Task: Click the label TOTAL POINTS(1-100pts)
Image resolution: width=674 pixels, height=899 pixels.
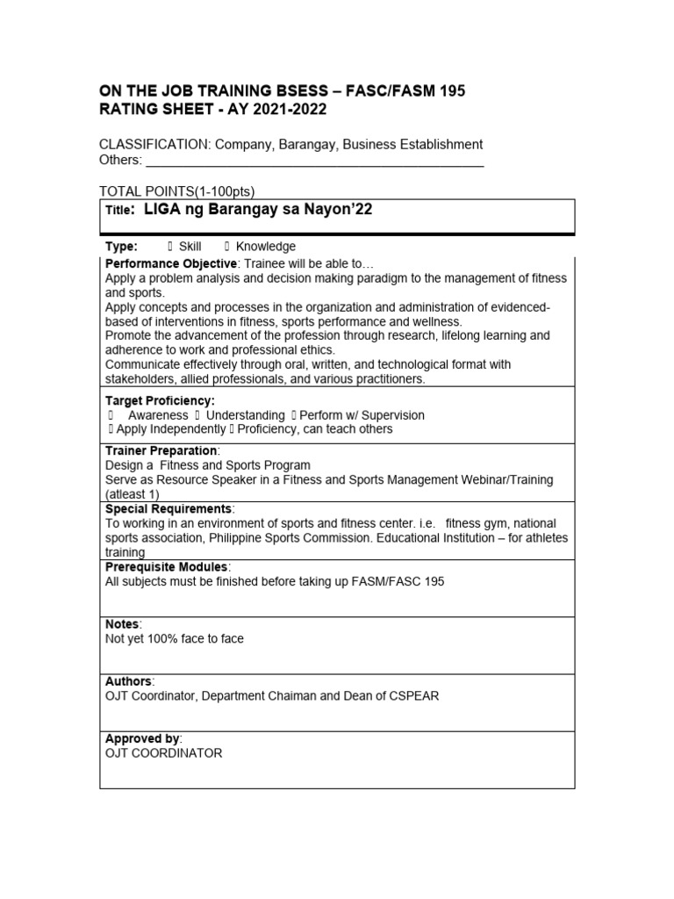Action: (x=177, y=192)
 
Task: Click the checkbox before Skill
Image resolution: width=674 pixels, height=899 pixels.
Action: (x=168, y=247)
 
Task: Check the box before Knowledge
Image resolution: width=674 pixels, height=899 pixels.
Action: (x=227, y=247)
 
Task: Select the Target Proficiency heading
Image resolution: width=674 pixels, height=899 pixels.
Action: (x=160, y=401)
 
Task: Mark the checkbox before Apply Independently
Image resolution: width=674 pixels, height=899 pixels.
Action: (x=110, y=429)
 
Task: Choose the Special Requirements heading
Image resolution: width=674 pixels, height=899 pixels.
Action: (x=168, y=509)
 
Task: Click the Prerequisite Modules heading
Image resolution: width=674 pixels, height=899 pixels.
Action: (x=167, y=568)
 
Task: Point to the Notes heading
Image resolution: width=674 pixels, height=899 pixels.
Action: (x=122, y=624)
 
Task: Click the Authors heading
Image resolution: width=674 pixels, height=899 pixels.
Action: (x=129, y=681)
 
